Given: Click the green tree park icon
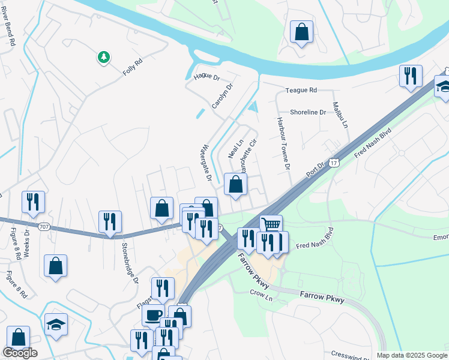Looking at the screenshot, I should [104, 57].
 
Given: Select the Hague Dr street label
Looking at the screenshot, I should [208, 77].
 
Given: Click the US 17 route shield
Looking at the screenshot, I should [335, 162].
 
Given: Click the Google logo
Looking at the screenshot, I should [20, 353].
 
